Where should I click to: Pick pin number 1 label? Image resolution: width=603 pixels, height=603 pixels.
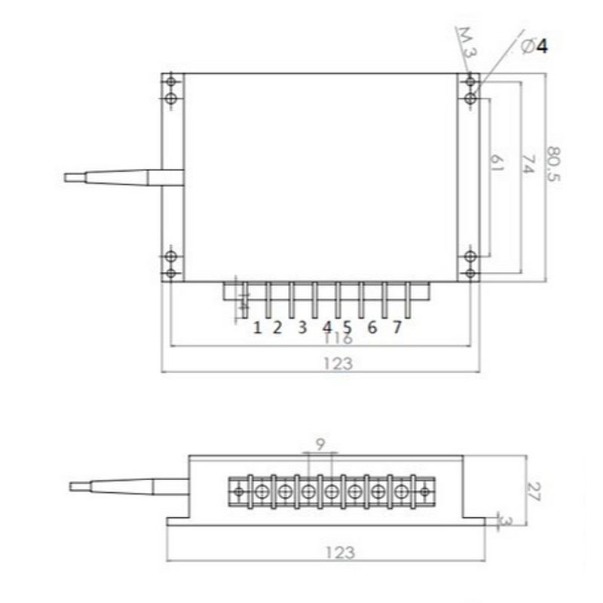coord(257,327)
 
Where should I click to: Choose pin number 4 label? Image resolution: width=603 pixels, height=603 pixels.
coord(327,327)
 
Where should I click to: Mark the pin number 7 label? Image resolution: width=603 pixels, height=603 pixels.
coord(396,327)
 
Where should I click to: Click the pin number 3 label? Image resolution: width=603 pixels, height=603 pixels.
coord(301,327)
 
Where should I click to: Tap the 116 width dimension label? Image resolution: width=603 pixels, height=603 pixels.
coord(338,339)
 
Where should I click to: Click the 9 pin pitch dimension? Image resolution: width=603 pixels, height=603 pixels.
coord(320,445)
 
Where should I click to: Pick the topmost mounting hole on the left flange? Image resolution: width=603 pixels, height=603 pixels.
coord(171,81)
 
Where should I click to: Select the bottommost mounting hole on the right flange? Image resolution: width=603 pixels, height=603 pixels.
coord(470,273)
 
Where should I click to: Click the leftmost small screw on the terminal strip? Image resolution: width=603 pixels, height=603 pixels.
coord(239,492)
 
